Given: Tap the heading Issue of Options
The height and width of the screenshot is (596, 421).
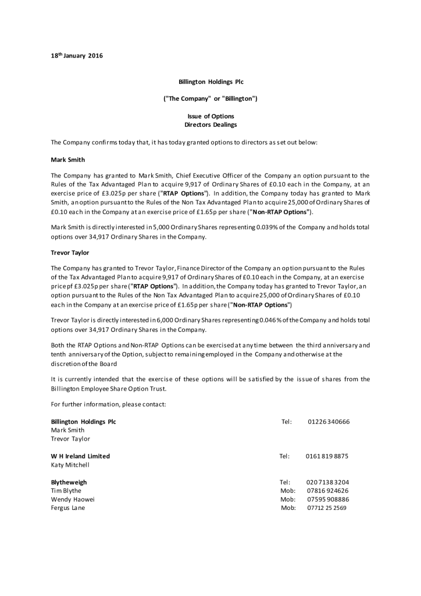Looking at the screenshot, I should tap(211, 116).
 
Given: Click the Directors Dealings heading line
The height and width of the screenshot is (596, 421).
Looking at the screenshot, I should tap(211, 125).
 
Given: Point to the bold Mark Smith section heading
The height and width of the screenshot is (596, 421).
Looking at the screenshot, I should tap(68, 159).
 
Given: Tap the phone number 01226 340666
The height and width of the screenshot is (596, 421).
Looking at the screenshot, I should tap(329, 422).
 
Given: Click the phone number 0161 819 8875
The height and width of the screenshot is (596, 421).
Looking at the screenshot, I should tap(327, 456).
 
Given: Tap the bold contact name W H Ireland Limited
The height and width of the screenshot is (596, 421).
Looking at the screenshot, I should tap(80, 456).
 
